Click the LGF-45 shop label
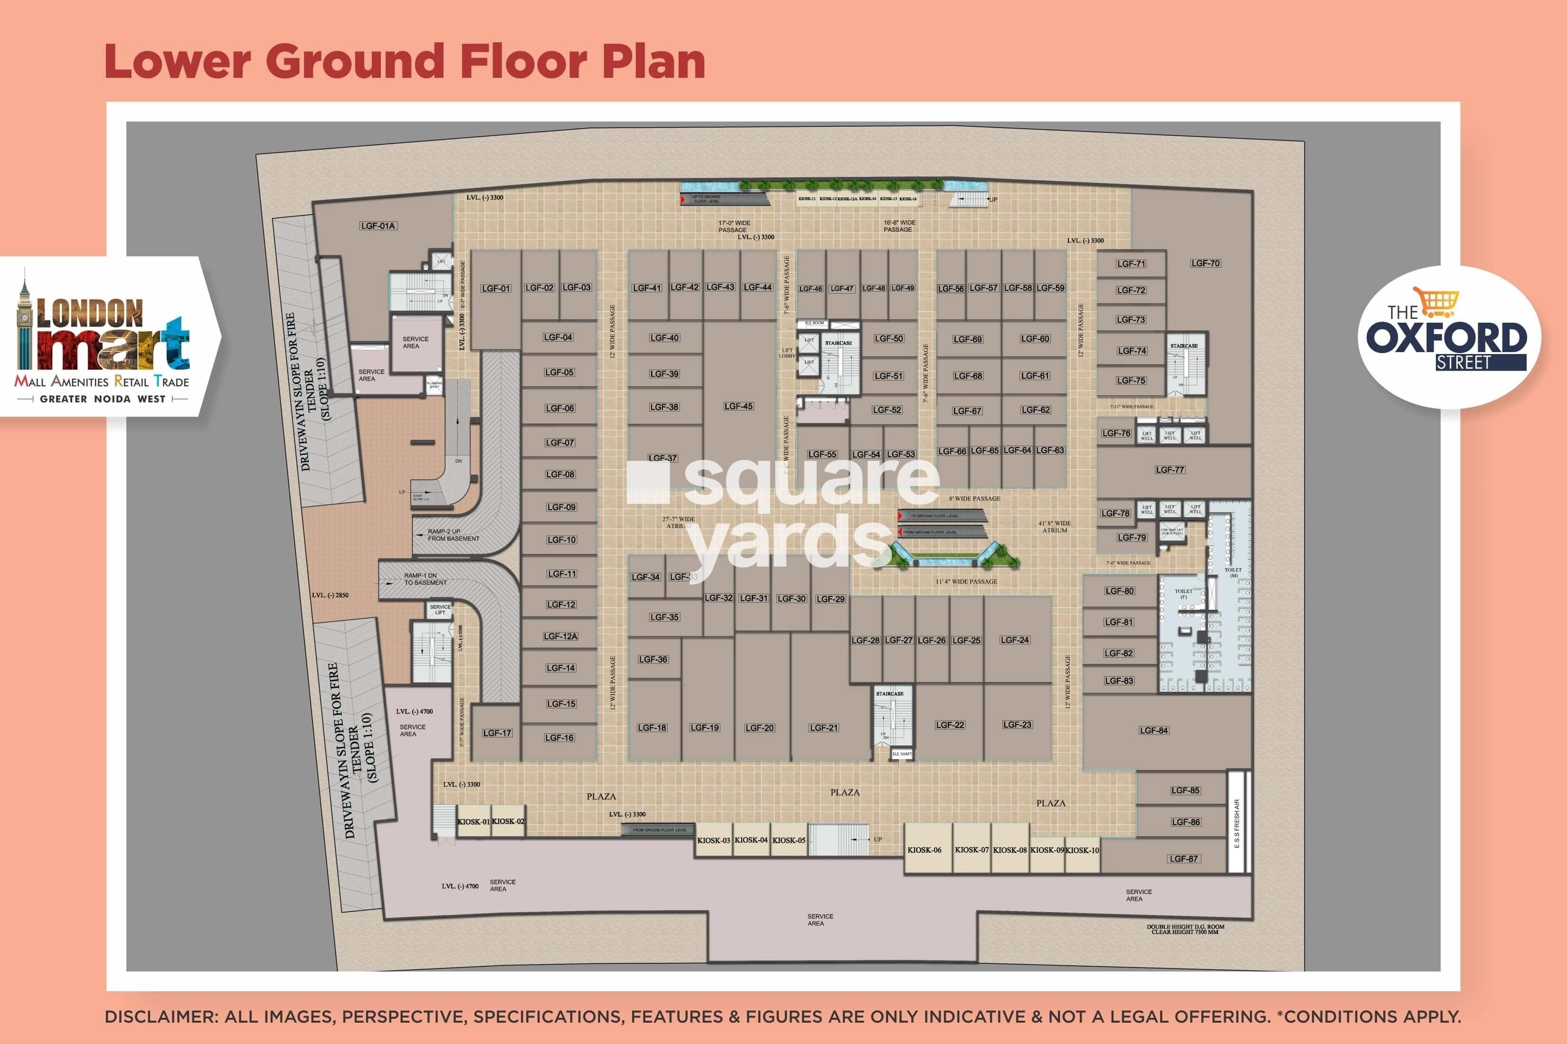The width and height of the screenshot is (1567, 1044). [738, 406]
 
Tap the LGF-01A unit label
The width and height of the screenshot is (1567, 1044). [378, 226]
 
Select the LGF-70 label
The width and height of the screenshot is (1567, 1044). [1205, 263]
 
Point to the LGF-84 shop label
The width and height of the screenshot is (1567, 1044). [1153, 730]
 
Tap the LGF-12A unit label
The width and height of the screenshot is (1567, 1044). [560, 636]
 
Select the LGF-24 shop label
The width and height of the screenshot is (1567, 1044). [1015, 640]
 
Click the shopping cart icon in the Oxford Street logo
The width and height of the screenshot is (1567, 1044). [1439, 303]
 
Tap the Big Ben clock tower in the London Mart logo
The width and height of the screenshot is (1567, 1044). [25, 319]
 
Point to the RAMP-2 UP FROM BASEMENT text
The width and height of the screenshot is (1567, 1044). [453, 535]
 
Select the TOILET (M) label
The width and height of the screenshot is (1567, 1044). [1233, 573]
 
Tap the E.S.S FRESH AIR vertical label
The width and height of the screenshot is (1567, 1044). [1237, 824]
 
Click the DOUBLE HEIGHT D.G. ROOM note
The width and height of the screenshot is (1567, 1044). [1185, 929]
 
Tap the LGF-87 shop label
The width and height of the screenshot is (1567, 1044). [1184, 859]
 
